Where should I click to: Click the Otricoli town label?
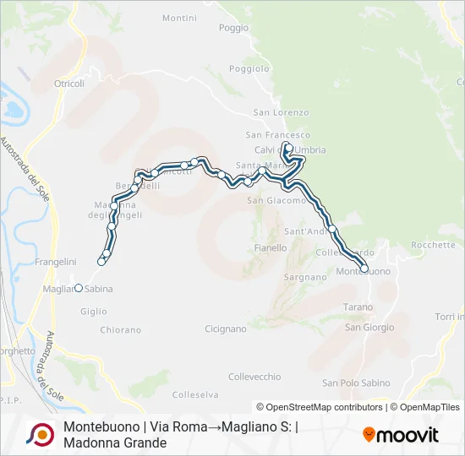coord(69,84)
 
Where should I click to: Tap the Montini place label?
coord(179,18)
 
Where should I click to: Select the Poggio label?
coord(233,28)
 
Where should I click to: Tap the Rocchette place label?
coord(432,245)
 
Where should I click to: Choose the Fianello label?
coord(271,248)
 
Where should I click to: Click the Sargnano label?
coord(305,277)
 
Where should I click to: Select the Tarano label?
coord(358,307)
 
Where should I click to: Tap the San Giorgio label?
coord(369,328)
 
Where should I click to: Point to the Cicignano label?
coord(225,328)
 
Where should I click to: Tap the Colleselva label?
coord(195,394)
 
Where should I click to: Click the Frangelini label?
coord(57,262)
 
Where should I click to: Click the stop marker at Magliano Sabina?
coord(79,288)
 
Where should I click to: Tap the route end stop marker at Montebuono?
coord(364,269)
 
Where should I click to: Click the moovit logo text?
coord(407,435)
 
